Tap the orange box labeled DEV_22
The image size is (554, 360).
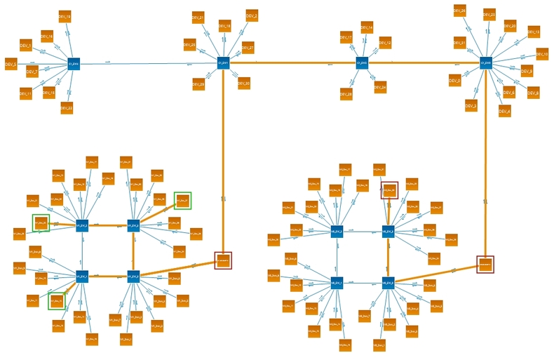tap(66, 107)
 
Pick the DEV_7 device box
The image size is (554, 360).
tap(32, 72)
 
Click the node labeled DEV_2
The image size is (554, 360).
tap(251, 15)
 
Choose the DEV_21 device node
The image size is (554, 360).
tap(198, 18)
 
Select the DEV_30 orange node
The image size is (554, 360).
tap(243, 83)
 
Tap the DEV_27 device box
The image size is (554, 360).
tap(247, 47)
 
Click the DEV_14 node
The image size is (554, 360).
tap(365, 27)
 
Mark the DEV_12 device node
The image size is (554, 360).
tap(384, 44)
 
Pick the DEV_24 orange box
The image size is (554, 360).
tap(380, 87)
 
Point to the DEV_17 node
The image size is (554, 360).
tap(346, 37)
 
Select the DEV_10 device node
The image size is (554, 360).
tap(541, 54)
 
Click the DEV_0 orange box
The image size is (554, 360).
tap(455, 82)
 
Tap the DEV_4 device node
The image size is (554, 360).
tap(504, 110)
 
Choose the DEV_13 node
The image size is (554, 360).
tap(533, 33)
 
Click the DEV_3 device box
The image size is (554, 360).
tap(471, 105)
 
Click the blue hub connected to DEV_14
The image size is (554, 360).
tap(362, 63)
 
